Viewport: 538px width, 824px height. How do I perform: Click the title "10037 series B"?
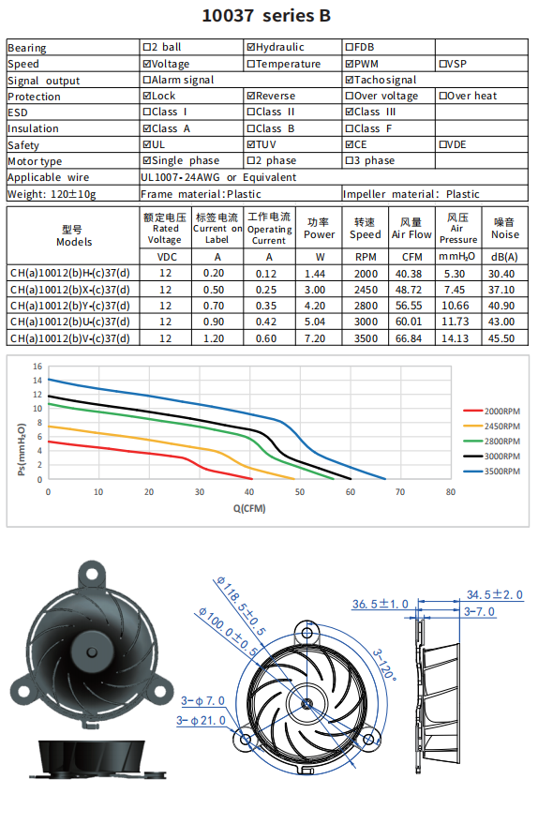point(266,16)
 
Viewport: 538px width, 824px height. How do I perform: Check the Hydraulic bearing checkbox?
point(250,47)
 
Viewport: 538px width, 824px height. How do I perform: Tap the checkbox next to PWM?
point(350,64)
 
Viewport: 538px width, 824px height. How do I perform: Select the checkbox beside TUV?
point(250,144)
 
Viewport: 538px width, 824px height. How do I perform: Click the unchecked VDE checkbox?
point(442,144)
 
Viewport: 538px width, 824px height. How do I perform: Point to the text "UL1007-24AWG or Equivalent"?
point(218,177)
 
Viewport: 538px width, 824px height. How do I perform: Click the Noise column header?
point(505,229)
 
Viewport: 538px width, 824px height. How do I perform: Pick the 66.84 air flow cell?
point(409,338)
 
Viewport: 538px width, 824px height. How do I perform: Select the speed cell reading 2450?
point(366,290)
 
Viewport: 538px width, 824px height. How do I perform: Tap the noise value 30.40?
point(501,274)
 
